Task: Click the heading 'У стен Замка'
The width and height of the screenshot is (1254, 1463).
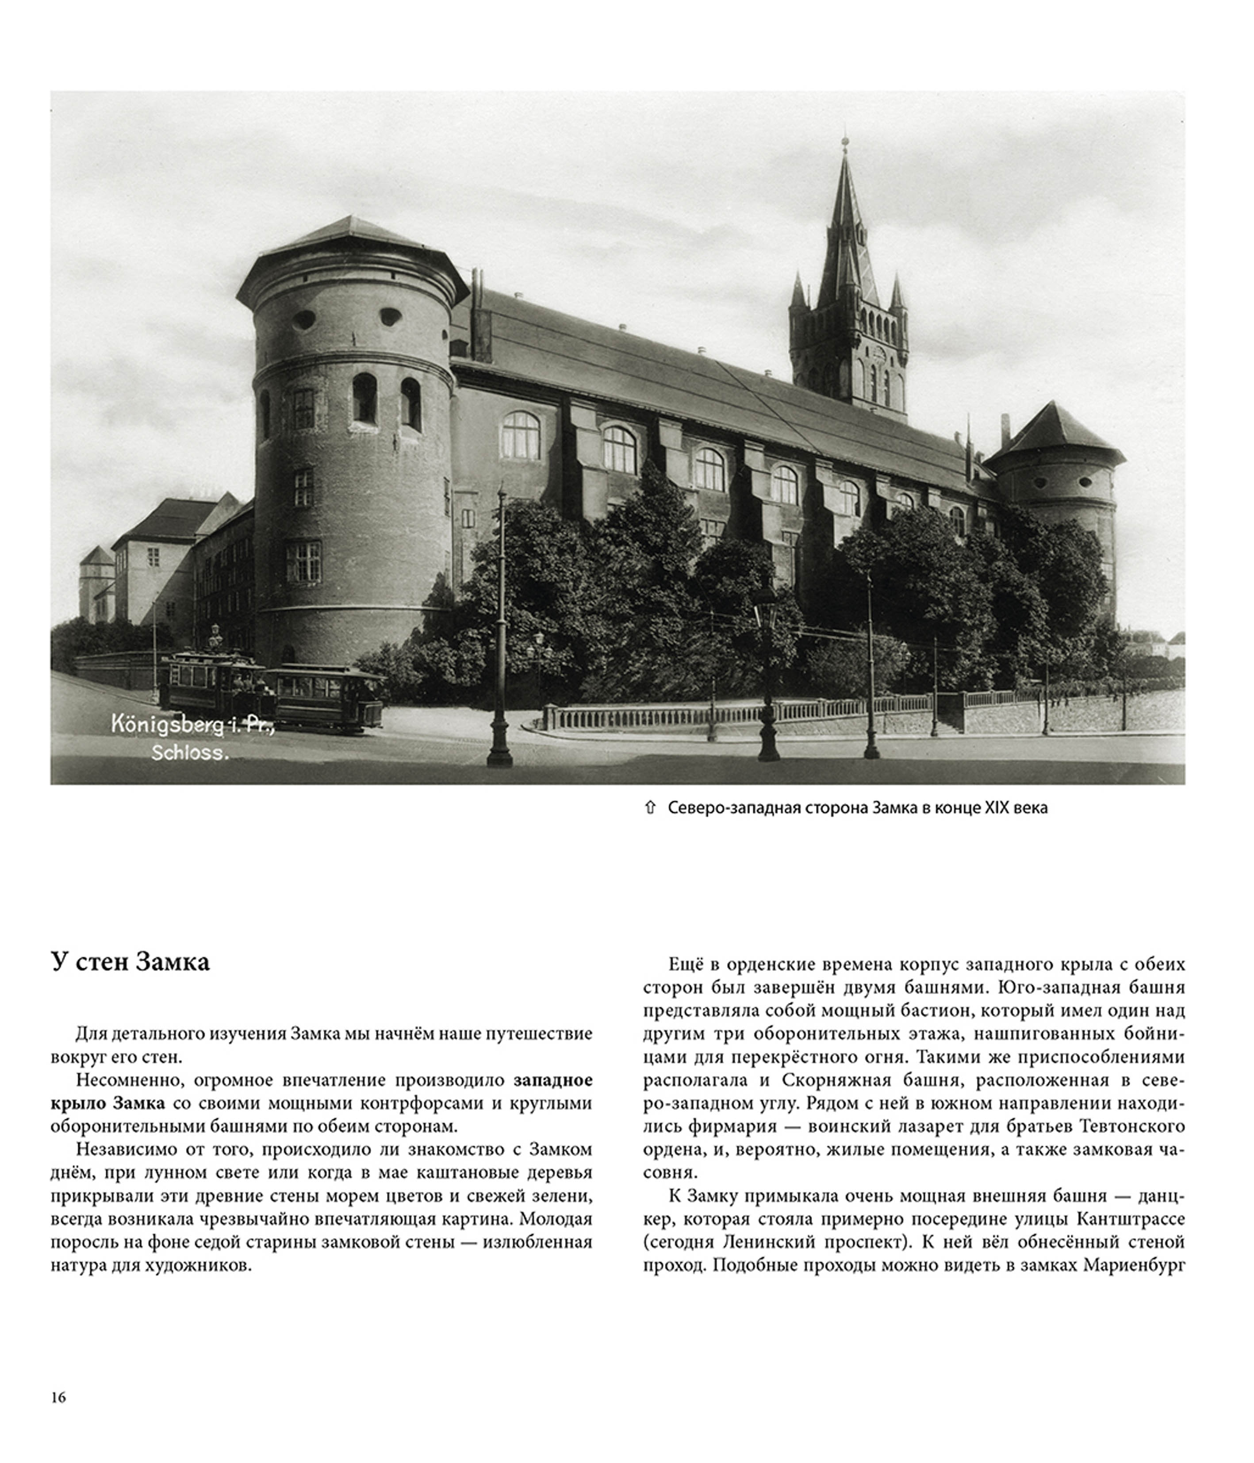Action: pos(130,962)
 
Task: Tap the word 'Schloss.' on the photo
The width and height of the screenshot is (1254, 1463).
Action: pos(191,753)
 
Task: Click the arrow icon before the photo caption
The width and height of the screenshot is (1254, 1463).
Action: pos(650,808)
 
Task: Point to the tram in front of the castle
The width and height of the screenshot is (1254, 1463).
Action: pos(272,691)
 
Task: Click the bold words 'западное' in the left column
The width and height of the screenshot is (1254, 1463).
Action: pos(553,1080)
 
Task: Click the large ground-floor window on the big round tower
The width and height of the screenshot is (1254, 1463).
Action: pos(303,561)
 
